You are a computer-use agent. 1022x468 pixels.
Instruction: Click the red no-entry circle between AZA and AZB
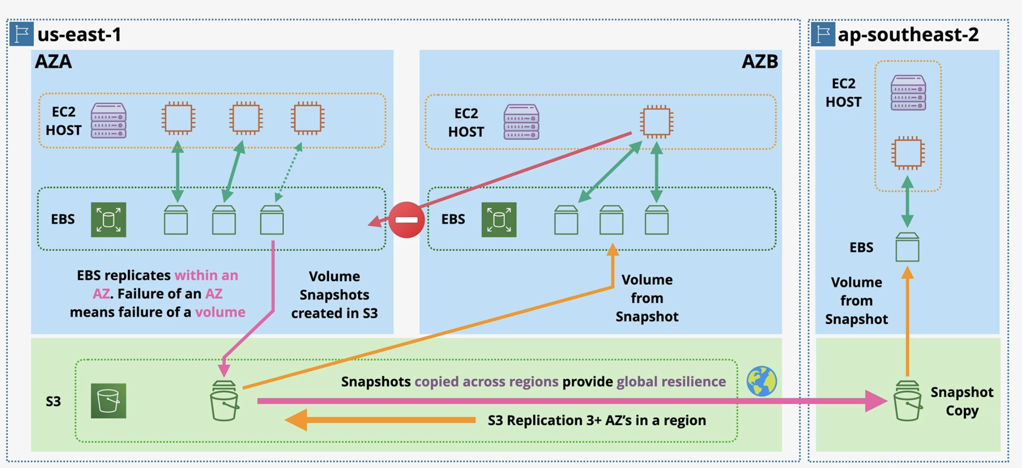pyautogui.click(x=406, y=220)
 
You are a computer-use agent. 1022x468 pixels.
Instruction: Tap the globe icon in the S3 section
pyautogui.click(x=761, y=381)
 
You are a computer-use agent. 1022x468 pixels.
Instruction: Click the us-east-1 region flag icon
pyautogui.click(x=22, y=34)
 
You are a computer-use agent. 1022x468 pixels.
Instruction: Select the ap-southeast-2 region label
pyautogui.click(x=908, y=35)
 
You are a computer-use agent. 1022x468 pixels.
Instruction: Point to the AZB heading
pyautogui.click(x=760, y=62)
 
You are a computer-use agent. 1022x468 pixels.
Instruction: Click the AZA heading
pyautogui.click(x=53, y=62)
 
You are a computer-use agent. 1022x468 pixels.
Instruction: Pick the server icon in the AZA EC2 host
pyautogui.click(x=109, y=120)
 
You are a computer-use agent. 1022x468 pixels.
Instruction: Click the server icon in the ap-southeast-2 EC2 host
pyautogui.click(x=908, y=93)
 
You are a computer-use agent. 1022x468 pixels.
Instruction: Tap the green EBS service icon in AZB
pyautogui.click(x=499, y=220)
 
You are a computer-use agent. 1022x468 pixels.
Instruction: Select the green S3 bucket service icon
pyautogui.click(x=109, y=401)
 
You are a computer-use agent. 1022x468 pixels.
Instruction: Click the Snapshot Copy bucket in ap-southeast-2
pyautogui.click(x=907, y=401)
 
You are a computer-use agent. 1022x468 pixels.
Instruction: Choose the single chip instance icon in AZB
pyautogui.click(x=657, y=121)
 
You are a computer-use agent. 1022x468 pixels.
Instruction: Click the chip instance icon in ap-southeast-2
pyautogui.click(x=908, y=153)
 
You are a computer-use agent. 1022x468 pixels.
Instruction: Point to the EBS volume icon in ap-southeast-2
pyautogui.click(x=908, y=247)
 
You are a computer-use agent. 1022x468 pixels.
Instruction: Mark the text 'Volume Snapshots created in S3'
pyautogui.click(x=335, y=295)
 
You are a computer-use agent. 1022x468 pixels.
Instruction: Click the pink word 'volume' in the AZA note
pyautogui.click(x=220, y=312)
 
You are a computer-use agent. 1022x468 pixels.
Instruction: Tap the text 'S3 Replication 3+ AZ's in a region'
pyautogui.click(x=597, y=420)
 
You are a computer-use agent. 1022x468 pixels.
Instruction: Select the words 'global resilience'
pyautogui.click(x=671, y=382)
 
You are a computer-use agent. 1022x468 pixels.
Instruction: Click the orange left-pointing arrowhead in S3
pyautogui.click(x=296, y=420)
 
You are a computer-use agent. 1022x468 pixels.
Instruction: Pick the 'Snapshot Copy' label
pyautogui.click(x=961, y=401)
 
